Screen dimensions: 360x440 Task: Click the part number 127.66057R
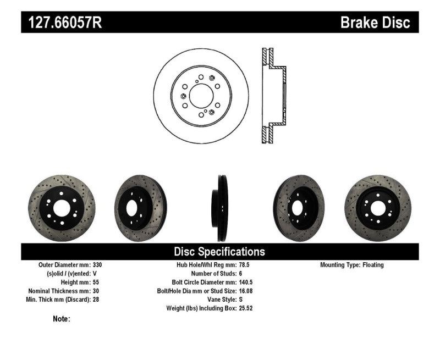pyautogui.click(x=61, y=23)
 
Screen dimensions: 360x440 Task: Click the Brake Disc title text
pyautogui.click(x=375, y=23)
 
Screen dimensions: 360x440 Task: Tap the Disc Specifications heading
pyautogui.click(x=219, y=252)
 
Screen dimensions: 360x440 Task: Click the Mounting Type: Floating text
pyautogui.click(x=352, y=265)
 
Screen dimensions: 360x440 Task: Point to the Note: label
pyautogui.click(x=62, y=319)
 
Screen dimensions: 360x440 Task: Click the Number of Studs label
pyautogui.click(x=213, y=273)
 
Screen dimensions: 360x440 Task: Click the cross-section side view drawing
pyautogui.click(x=273, y=97)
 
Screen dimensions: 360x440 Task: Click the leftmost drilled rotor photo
pyautogui.click(x=61, y=208)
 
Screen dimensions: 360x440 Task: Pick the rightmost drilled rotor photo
pyautogui.click(x=377, y=208)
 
